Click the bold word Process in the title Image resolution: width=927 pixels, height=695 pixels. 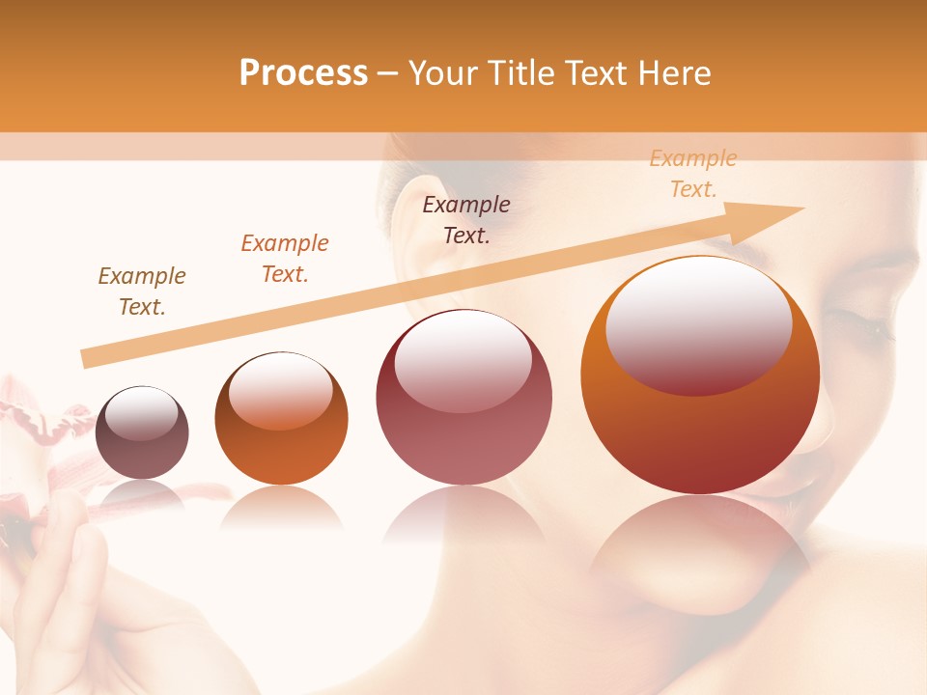pos(303,73)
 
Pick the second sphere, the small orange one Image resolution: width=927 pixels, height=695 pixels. pos(281,418)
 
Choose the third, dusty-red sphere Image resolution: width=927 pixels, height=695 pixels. pos(463,397)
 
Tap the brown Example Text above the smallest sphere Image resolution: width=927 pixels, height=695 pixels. pos(142,292)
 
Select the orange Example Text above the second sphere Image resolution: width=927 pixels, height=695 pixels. pos(285,259)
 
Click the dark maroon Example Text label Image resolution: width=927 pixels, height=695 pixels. pos(466,219)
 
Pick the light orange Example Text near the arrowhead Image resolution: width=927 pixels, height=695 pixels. pos(693,174)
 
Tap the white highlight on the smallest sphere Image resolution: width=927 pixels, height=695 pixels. pos(141,413)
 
